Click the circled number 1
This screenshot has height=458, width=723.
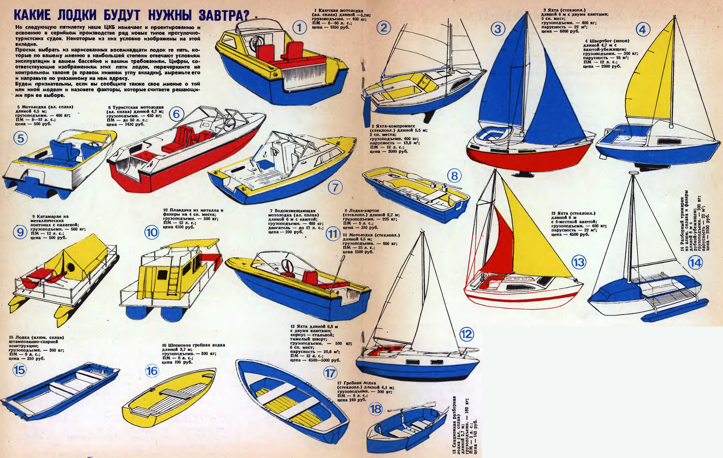pyautogui.click(x=299, y=28)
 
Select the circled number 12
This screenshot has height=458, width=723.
pyautogui.click(x=466, y=334)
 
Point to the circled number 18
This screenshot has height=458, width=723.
pyautogui.click(x=376, y=409)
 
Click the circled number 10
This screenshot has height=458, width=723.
pyautogui.click(x=152, y=232)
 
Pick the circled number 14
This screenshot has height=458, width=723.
pyautogui.click(x=695, y=262)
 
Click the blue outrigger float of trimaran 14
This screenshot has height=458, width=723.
pyautogui.click(x=674, y=310)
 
